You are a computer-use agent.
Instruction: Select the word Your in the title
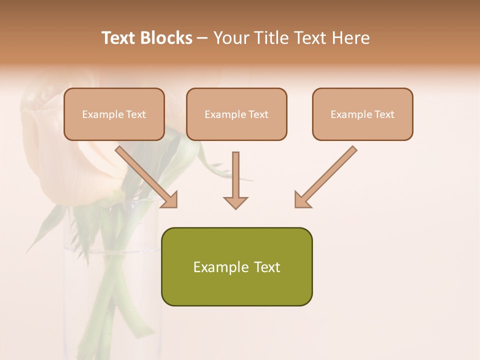coord(231,38)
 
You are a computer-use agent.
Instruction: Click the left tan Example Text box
coord(114,114)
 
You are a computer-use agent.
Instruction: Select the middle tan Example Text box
coord(236,114)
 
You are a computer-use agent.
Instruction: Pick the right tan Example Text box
coord(362,114)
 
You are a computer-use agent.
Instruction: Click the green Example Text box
coord(236,266)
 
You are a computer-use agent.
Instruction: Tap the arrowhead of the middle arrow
coord(235,202)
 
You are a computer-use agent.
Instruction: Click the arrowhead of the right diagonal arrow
coord(302,200)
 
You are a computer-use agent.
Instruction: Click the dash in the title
coord(202,38)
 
